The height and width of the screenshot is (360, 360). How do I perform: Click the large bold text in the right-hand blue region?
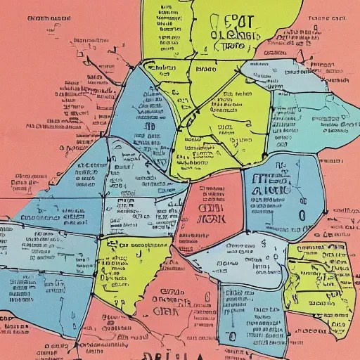pos(271,183)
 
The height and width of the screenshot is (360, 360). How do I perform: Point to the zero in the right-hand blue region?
pos(302,215)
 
